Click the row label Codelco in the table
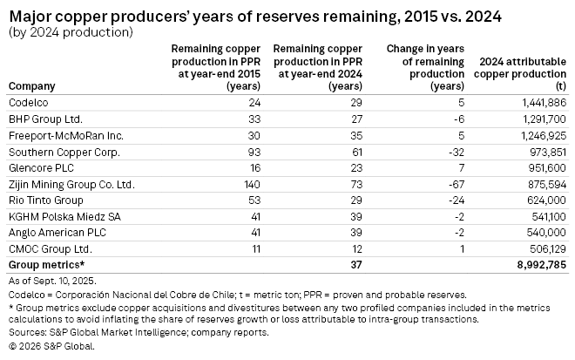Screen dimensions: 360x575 [28, 102]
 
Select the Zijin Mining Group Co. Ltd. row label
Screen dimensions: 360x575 [71, 185]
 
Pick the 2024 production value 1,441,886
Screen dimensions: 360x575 [540, 102]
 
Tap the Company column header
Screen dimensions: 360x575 [31, 86]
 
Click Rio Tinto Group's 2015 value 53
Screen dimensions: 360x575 [229, 201]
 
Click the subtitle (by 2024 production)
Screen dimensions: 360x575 [70, 32]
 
